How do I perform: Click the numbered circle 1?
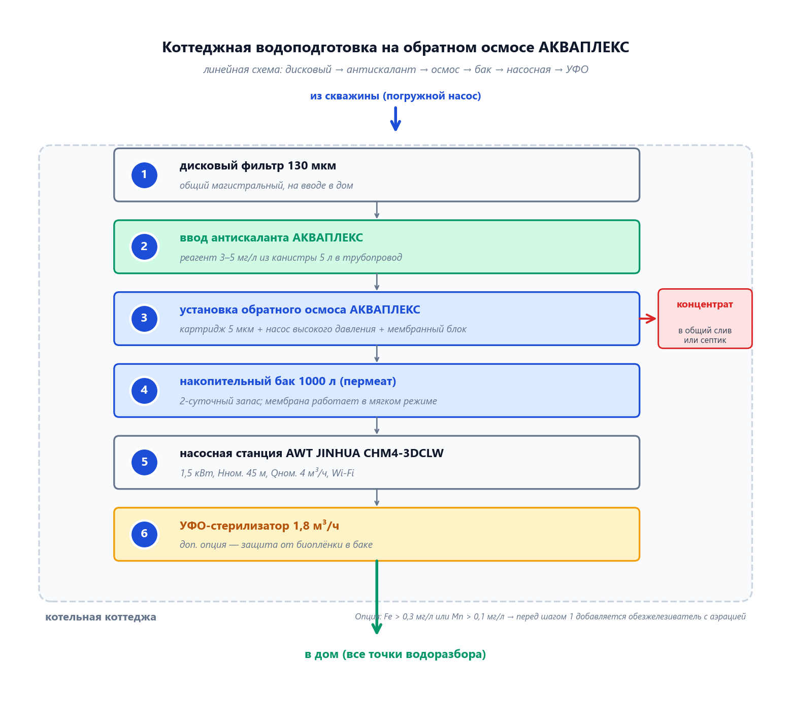coord(144,175)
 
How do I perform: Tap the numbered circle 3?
coord(144,319)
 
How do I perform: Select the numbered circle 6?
coord(144,534)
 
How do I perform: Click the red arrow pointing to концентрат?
coord(648,319)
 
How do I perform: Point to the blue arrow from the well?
coord(395,119)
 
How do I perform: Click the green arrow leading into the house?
coord(377,599)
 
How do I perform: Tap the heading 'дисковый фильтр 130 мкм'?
coord(258,166)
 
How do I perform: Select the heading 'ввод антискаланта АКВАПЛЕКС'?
coord(271,238)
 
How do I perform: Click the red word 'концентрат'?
coord(705,304)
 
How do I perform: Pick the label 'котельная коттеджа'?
coord(101,617)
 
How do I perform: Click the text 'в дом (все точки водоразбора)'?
coord(395,654)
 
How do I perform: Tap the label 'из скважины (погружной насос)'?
coord(395,96)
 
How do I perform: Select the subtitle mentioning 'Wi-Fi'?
coord(267,473)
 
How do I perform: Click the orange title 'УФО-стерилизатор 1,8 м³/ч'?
coord(259,526)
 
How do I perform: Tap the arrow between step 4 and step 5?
coord(377,426)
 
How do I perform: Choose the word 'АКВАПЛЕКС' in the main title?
coord(583,47)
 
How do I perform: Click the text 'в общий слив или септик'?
coord(705,335)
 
